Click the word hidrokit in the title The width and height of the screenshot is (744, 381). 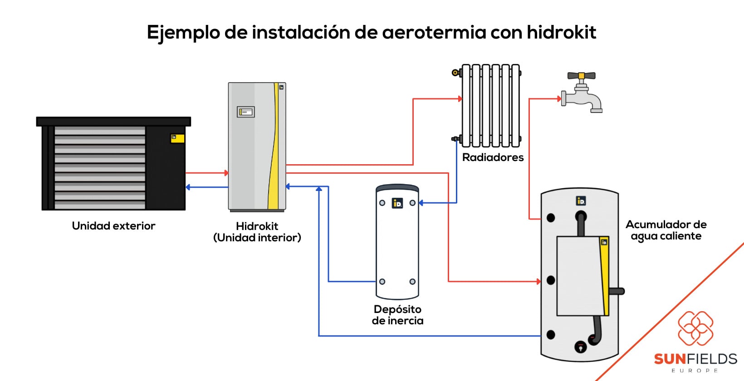[561, 32]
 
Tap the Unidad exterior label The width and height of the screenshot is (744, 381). [113, 226]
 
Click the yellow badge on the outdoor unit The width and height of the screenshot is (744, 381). [177, 138]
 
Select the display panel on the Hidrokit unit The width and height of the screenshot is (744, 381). [246, 112]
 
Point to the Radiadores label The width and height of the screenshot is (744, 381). [493, 157]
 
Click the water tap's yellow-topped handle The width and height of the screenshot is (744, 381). [581, 76]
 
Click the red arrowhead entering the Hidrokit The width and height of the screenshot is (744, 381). [226, 173]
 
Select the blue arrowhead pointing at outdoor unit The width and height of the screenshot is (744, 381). [188, 187]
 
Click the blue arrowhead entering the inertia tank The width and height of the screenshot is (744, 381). [421, 203]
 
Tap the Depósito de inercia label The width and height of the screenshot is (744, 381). [397, 315]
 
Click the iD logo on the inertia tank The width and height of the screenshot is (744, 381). [397, 203]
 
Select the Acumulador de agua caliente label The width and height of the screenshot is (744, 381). [666, 230]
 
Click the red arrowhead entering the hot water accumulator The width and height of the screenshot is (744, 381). [538, 281]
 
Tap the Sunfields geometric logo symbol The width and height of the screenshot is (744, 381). [695, 328]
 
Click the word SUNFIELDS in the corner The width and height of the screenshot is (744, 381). [695, 359]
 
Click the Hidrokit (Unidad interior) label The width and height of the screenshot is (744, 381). [257, 232]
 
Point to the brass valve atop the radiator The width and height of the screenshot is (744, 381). [455, 73]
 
